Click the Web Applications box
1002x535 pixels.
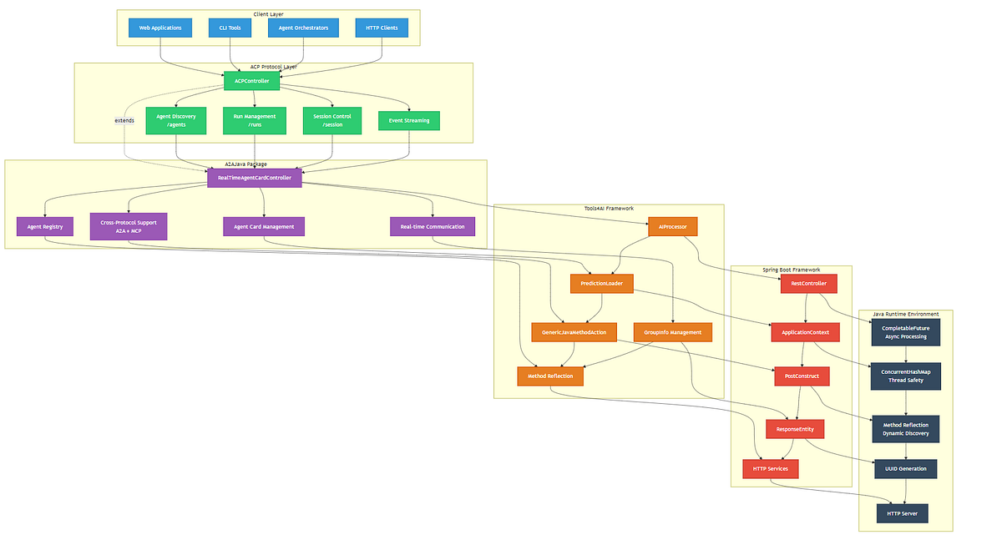pos(160,28)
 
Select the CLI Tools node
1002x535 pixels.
pos(230,28)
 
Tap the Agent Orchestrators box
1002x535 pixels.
pos(303,28)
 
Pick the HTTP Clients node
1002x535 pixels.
pos(382,28)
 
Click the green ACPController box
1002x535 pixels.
pos(251,81)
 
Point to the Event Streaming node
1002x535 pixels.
pos(409,121)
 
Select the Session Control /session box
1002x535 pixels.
pos(332,120)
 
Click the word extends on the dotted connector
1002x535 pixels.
pos(124,120)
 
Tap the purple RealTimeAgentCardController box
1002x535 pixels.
pos(255,178)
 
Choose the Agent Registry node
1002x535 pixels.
pos(45,226)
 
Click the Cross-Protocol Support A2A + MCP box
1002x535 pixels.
pos(129,226)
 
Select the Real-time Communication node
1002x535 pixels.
pos(433,226)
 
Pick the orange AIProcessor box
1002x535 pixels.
pos(672,226)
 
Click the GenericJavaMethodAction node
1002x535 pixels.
pos(574,332)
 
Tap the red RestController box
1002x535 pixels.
pos(808,284)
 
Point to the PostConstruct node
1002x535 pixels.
pos(802,376)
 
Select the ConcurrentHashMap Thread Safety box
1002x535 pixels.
pos(905,376)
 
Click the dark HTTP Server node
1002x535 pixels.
pos(902,512)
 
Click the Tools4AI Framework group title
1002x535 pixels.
pos(609,208)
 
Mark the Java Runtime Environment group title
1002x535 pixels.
pos(905,314)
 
